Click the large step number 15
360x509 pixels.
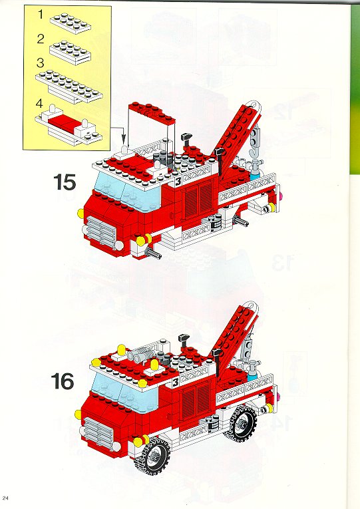[x=65, y=182]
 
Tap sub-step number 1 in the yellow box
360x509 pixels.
[x=41, y=15]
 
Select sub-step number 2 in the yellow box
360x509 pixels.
[x=41, y=39]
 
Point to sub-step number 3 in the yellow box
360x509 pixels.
[x=40, y=62]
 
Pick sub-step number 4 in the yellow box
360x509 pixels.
[x=40, y=104]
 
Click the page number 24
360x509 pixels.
[x=5, y=498]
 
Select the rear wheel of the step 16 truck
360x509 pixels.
[x=241, y=423]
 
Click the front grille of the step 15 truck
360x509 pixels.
[x=100, y=232]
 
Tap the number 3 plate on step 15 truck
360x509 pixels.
[x=178, y=182]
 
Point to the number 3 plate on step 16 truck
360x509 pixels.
[x=176, y=382]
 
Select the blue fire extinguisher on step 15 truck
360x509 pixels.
[x=255, y=171]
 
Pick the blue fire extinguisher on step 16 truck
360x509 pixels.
[x=252, y=372]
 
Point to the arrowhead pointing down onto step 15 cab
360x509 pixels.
[x=124, y=140]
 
